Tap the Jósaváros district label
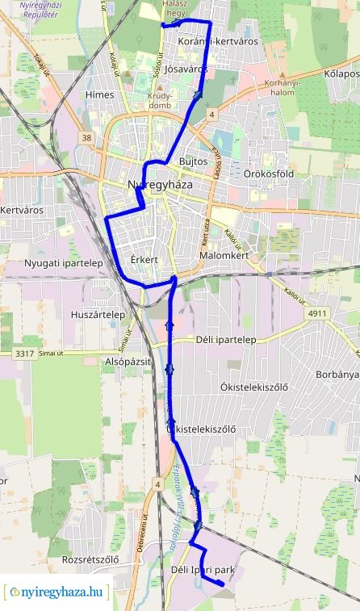(x=185, y=69)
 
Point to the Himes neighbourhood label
(x=99, y=94)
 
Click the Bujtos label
(x=195, y=161)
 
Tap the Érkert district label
(x=143, y=260)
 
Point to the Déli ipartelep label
(x=226, y=340)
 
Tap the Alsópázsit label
(x=128, y=362)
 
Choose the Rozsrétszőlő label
(x=90, y=559)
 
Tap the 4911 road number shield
(x=318, y=312)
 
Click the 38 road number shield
(x=86, y=138)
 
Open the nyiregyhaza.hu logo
(x=57, y=592)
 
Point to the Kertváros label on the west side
(x=22, y=210)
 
